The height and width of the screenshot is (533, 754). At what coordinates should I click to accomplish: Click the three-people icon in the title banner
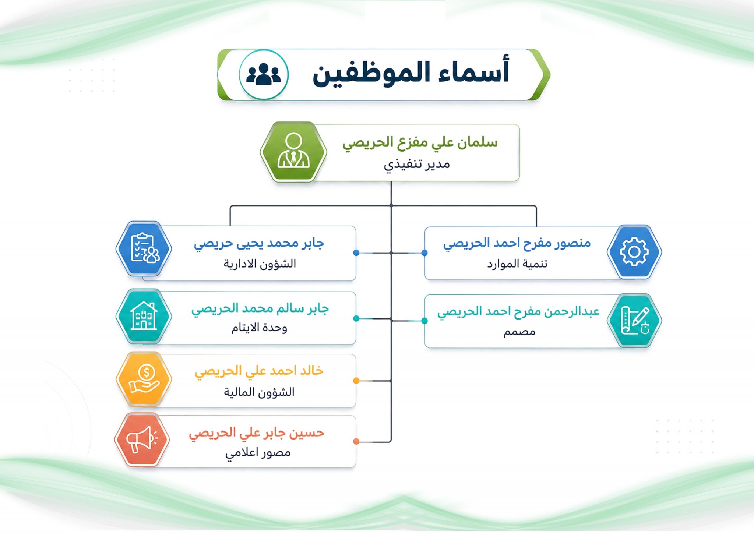(263, 74)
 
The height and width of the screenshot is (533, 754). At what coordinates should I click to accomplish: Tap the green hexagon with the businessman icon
(293, 152)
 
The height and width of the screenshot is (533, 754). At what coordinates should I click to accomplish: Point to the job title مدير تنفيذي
(417, 164)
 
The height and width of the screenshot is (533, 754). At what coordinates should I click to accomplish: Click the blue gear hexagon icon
(634, 252)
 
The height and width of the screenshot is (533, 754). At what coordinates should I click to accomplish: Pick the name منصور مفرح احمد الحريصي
(517, 243)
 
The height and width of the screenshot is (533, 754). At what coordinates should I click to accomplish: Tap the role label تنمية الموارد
(517, 264)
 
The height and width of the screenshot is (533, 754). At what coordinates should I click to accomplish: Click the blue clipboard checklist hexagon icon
(144, 248)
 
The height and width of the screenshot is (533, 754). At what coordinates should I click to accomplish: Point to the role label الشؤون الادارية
(260, 264)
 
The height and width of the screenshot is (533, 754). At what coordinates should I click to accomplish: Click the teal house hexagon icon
(144, 316)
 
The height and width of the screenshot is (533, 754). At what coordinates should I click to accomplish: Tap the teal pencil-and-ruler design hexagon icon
(634, 321)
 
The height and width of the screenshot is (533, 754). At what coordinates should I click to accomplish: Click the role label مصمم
(519, 332)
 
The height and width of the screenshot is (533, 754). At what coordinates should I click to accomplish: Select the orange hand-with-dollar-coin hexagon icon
(144, 379)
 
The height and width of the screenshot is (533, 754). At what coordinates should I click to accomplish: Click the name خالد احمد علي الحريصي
(259, 371)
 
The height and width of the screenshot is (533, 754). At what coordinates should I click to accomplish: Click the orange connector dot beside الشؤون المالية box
(356, 381)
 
